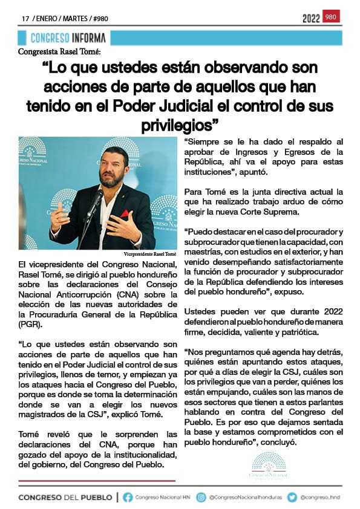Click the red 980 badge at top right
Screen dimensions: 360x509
click(x=331, y=17)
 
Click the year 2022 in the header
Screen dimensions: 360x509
click(x=311, y=19)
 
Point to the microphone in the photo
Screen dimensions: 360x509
click(x=96, y=200)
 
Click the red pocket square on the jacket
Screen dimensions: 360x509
click(x=125, y=213)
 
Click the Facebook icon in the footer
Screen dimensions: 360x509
click(x=128, y=497)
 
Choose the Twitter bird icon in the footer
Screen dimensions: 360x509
click(x=292, y=497)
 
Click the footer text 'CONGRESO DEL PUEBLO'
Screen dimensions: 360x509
click(x=65, y=497)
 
